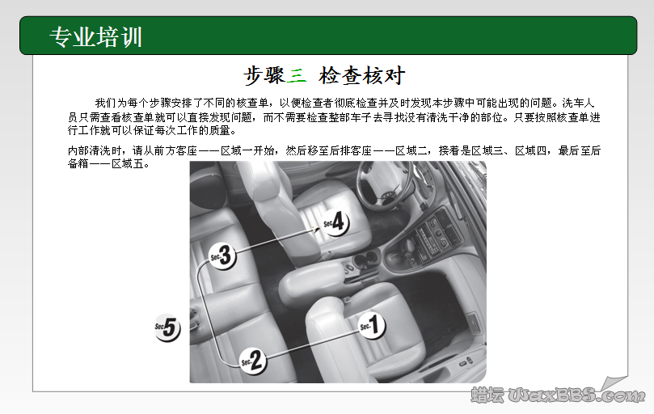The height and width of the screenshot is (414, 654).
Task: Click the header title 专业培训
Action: (96, 37)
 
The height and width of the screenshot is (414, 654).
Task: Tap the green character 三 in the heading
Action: (297, 76)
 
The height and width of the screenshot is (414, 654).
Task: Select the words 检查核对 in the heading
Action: (361, 76)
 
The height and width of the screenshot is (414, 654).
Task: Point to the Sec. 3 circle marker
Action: (222, 256)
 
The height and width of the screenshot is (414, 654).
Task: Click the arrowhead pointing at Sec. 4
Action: (318, 229)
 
